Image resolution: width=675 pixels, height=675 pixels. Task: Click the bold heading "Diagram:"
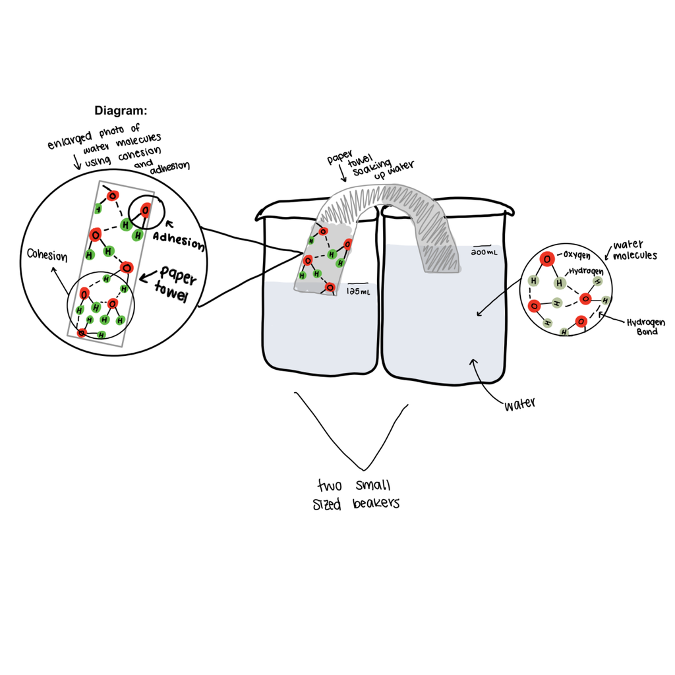(x=121, y=110)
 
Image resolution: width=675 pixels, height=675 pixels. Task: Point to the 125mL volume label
(x=359, y=289)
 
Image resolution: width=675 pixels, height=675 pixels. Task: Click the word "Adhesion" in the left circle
(x=179, y=240)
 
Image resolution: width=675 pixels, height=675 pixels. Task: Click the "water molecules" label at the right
(x=634, y=250)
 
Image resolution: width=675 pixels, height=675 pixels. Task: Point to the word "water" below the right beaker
(x=519, y=404)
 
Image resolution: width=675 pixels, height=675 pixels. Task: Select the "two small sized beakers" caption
(x=356, y=494)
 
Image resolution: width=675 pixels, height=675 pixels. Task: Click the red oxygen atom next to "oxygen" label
(x=546, y=259)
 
